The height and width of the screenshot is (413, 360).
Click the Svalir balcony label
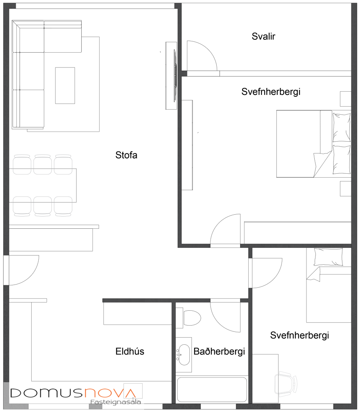[x=263, y=36]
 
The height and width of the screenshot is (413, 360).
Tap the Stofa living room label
[x=126, y=155]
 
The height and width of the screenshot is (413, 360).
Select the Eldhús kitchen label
[x=130, y=351]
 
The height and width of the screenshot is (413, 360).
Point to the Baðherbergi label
[x=219, y=352]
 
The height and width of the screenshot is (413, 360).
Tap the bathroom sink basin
[x=184, y=355]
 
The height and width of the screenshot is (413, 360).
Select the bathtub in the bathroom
[x=212, y=390]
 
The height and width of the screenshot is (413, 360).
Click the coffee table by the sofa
[x=65, y=85]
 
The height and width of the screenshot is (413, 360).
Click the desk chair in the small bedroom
[x=285, y=384]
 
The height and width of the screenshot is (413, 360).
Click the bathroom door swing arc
[x=220, y=321]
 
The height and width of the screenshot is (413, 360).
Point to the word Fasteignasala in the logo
[x=116, y=402]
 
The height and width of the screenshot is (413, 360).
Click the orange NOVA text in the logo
[x=110, y=393]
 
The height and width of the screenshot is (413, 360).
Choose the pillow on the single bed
[x=328, y=257]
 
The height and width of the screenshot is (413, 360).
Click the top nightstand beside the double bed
[x=346, y=99]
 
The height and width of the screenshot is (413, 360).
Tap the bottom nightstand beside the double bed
[x=346, y=189]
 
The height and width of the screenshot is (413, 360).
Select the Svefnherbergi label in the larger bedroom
[x=271, y=92]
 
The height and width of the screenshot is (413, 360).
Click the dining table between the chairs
[x=43, y=185]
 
